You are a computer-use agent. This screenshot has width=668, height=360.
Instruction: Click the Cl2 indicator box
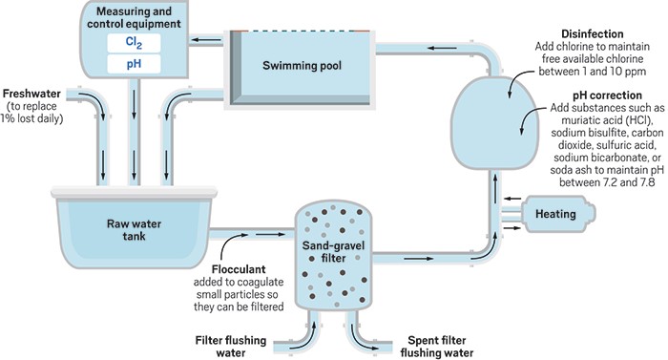(134, 43)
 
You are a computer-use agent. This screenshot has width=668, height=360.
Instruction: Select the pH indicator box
(134, 64)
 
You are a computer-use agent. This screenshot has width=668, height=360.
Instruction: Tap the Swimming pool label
(302, 65)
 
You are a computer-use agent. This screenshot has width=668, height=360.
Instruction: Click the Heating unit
(559, 214)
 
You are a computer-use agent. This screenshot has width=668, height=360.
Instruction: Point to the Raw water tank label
(134, 230)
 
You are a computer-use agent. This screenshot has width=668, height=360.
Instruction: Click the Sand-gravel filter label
(333, 252)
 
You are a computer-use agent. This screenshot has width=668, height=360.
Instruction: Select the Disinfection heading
(593, 33)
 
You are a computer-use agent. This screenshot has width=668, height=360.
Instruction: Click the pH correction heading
(607, 95)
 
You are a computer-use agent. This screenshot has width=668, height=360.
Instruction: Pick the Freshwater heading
(31, 94)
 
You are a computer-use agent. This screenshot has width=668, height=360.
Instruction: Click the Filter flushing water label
(231, 347)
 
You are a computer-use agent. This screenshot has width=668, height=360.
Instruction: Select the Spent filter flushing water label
(437, 347)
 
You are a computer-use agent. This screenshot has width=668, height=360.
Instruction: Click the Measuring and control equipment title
(134, 17)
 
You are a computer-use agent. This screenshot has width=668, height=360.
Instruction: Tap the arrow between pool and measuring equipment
(205, 40)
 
